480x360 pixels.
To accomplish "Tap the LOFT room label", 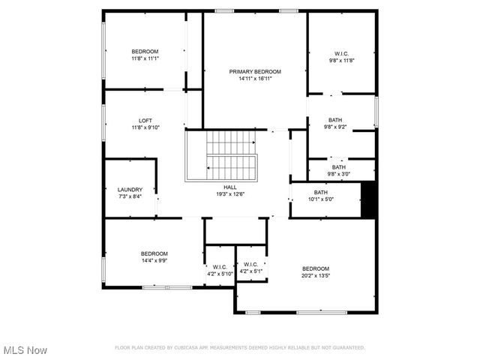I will (145, 121).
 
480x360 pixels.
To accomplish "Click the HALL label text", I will (229, 187).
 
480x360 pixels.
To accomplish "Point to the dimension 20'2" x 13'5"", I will (316, 275).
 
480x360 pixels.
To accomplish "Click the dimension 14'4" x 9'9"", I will (154, 260).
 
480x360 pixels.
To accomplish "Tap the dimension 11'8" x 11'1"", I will (145, 58).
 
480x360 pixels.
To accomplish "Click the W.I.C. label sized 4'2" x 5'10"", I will (220, 267).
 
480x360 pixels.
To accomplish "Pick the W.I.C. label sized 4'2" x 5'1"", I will (250, 264).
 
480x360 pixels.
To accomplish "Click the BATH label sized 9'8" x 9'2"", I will (334, 120).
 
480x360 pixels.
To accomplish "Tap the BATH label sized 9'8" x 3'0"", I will (339, 167).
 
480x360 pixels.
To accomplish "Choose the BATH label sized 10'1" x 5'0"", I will (321, 193).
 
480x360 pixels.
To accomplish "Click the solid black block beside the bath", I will (368, 199).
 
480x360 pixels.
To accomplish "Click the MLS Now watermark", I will (25, 350).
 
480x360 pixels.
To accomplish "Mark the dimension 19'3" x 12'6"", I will (229, 194).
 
